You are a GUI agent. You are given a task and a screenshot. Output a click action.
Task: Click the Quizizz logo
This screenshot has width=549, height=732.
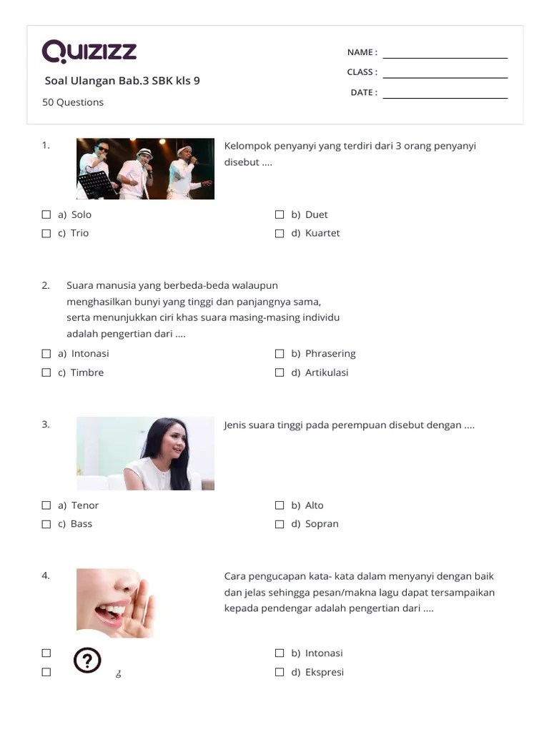coord(89,51)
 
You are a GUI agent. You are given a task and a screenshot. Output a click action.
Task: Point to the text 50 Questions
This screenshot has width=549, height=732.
coord(73,102)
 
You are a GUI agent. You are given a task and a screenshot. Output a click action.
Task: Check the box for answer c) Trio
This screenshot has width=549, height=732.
coord(46,233)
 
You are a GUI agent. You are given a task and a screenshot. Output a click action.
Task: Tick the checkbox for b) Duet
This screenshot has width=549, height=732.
coord(280,214)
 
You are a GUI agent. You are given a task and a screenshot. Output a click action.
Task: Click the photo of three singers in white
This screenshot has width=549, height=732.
coord(145,169)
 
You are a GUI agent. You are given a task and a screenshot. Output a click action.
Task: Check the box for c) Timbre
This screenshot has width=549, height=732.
coord(46,372)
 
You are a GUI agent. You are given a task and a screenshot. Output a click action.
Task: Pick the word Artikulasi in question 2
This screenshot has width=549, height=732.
coord(327,372)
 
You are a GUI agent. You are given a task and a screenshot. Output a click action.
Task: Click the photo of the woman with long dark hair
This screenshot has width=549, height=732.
coord(145,453)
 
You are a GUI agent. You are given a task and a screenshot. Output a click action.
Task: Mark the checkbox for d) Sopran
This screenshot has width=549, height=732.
coord(280,524)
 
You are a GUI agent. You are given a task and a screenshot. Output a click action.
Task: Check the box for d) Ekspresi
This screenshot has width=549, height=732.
coord(280,672)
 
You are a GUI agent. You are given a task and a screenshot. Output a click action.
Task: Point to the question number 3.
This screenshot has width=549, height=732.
coord(46,425)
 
